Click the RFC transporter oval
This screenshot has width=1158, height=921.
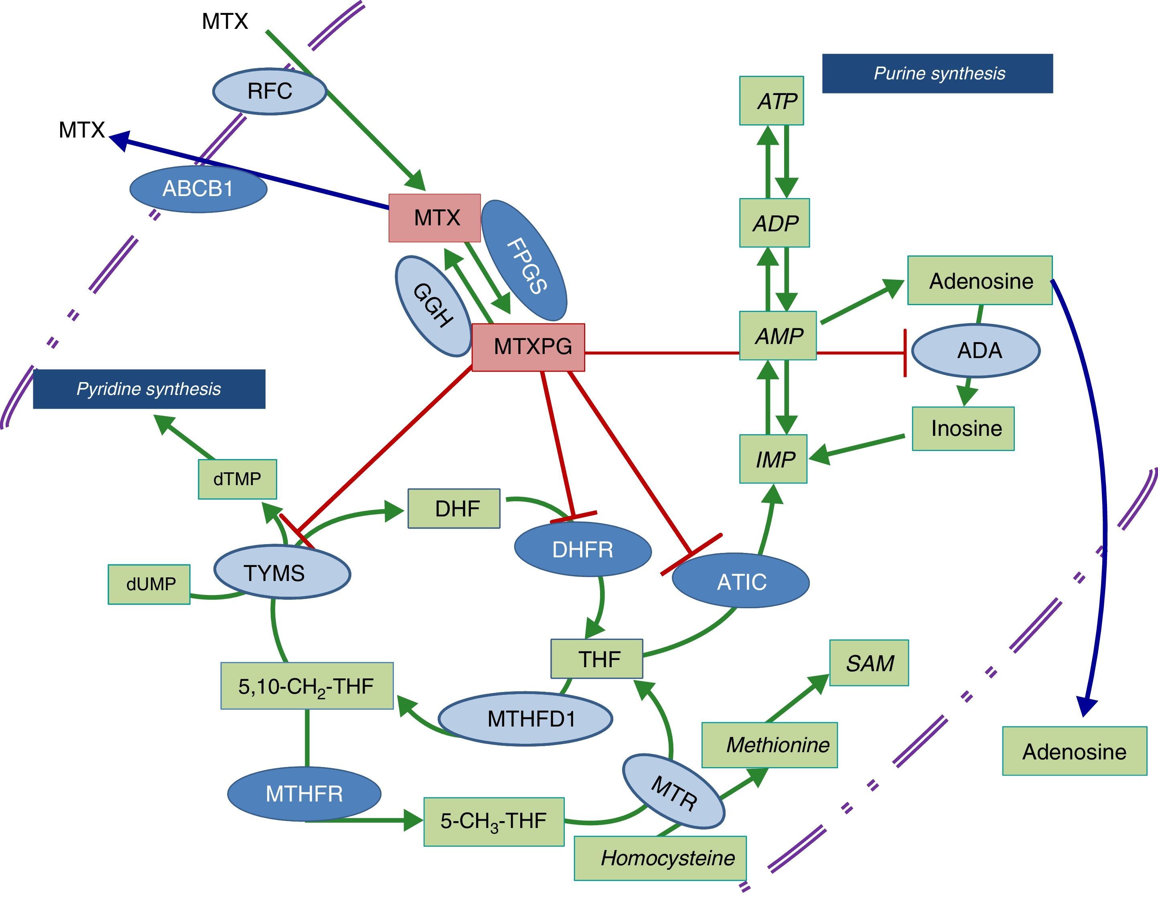click(270, 91)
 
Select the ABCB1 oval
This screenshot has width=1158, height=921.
click(198, 189)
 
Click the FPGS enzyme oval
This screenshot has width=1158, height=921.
click(524, 261)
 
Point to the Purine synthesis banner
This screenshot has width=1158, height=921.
click(937, 73)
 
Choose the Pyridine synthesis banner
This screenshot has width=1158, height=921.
click(149, 389)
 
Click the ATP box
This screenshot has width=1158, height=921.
click(771, 101)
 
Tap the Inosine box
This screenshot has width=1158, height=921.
click(963, 429)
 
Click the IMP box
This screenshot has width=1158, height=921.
click(773, 459)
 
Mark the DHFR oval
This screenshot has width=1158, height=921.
click(583, 549)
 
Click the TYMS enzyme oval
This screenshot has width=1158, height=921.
click(282, 573)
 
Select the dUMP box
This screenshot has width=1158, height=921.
click(149, 584)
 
